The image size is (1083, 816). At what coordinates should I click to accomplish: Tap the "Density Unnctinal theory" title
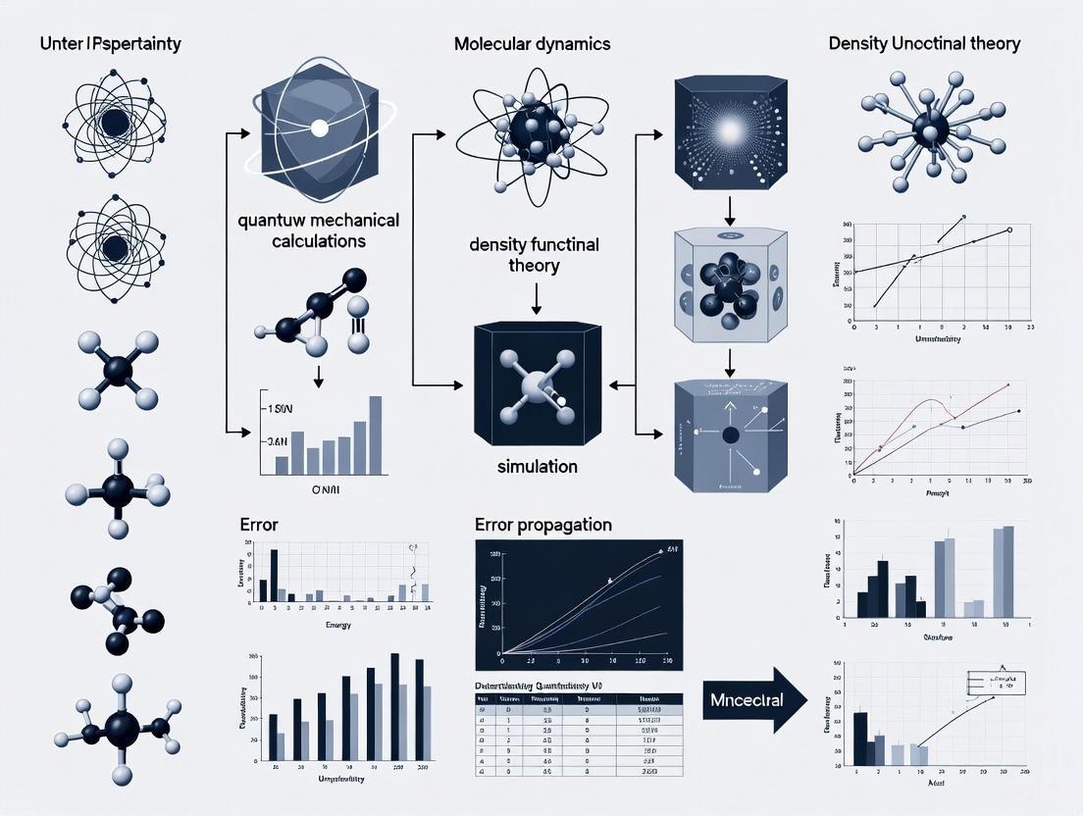click(923, 43)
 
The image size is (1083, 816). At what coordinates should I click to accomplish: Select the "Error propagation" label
click(542, 525)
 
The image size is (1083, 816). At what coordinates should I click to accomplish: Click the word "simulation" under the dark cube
click(538, 466)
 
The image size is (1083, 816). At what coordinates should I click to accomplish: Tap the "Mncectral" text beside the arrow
click(735, 698)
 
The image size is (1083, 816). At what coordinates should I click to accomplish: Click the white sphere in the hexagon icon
click(317, 127)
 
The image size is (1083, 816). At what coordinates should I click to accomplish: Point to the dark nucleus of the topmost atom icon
click(115, 123)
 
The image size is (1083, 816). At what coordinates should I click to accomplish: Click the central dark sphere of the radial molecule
click(925, 127)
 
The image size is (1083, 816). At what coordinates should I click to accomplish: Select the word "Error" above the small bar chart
click(260, 525)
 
